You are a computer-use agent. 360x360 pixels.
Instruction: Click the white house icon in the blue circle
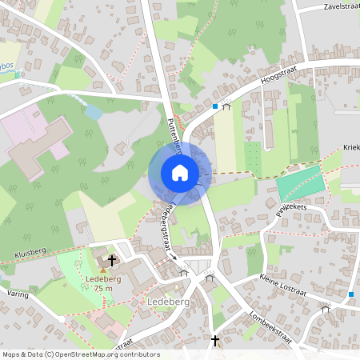coord(180,172)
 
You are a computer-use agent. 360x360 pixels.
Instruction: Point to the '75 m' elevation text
coord(102,288)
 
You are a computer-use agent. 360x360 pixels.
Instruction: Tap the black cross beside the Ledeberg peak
coord(112,260)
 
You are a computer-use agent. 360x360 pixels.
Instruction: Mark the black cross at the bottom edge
coord(214,341)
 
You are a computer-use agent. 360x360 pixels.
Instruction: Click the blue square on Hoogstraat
coord(215,105)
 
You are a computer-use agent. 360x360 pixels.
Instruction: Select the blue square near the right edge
coord(351,294)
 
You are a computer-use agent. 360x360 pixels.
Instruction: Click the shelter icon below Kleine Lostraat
coord(325,307)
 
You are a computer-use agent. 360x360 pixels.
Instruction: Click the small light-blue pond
coord(93,113)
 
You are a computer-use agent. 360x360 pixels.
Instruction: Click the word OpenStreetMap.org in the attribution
coord(94,354)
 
